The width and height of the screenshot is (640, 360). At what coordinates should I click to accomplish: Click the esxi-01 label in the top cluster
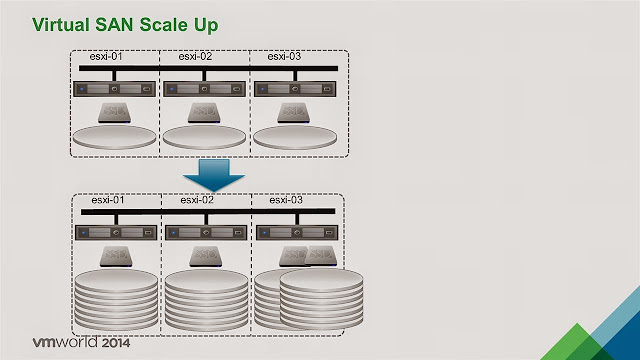106,57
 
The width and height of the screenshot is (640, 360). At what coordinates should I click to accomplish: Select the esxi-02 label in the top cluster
196,57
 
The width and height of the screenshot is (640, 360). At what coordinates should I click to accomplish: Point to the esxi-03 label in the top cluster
285,57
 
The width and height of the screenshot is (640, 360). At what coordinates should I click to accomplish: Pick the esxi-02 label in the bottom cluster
197,201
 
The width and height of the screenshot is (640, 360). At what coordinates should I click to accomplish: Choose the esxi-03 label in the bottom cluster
287,201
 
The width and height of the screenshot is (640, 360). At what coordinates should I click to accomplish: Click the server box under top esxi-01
116,89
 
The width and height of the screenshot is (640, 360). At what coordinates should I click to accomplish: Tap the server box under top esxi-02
205,89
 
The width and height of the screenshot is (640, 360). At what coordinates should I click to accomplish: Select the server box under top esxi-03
295,89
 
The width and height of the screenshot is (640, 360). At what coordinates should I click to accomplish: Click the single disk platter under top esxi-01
116,136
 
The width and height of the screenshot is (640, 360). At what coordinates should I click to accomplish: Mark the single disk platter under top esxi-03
295,136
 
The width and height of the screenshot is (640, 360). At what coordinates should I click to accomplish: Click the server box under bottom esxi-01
116,233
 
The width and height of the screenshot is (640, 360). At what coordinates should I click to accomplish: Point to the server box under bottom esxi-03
295,233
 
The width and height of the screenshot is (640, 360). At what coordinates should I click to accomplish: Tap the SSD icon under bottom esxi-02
208,257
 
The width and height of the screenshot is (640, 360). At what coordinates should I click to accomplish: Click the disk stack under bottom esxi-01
116,300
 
